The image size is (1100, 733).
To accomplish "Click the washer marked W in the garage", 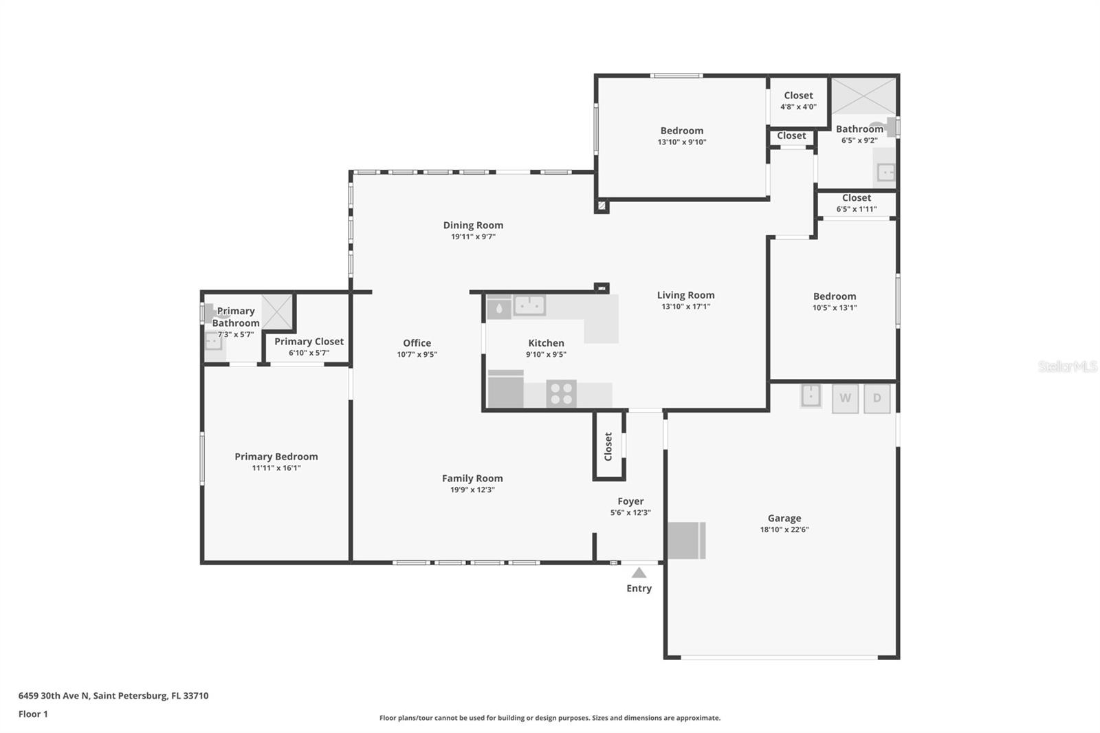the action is click(845, 398).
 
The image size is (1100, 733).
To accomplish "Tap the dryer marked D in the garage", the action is click(877, 398).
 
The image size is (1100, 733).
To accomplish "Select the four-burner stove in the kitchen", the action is click(561, 393).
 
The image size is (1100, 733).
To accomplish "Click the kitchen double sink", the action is click(529, 305).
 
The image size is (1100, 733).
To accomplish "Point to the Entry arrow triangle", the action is click(639, 573).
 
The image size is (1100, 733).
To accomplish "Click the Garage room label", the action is click(784, 518).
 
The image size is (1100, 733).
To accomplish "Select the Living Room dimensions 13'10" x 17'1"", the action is click(686, 307).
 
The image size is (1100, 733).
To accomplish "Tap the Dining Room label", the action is click(474, 225).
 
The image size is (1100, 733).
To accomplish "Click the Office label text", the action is click(417, 343).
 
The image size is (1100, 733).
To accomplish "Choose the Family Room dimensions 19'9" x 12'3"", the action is click(472, 490).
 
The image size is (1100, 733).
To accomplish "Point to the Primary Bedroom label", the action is click(276, 457).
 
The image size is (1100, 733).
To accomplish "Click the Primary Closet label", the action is click(309, 342).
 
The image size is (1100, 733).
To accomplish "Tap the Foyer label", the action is click(630, 501).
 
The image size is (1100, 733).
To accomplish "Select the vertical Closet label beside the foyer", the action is click(608, 446).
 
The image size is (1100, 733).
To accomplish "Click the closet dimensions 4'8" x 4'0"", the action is click(798, 107).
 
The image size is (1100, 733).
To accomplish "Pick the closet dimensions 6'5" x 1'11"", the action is click(857, 209).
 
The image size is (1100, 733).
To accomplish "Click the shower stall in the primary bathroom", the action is click(277, 311).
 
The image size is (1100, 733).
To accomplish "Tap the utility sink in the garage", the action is click(811, 395).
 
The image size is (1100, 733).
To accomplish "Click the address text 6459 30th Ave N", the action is click(54, 696).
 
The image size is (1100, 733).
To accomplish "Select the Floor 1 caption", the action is click(33, 714).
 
